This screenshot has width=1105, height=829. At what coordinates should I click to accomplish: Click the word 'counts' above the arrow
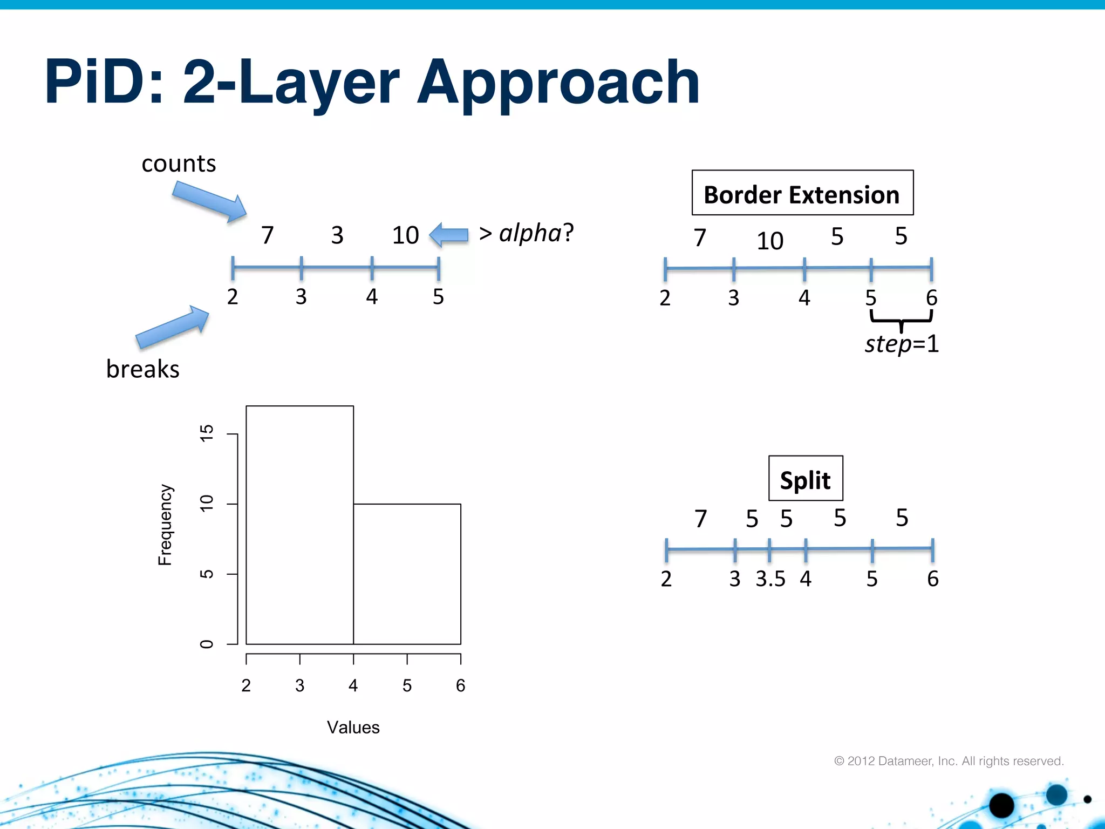(179, 164)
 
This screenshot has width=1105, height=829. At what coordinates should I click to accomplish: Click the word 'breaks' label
(142, 369)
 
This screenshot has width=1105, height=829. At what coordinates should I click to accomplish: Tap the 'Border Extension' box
(802, 193)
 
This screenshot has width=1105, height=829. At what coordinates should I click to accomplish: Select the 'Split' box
(805, 479)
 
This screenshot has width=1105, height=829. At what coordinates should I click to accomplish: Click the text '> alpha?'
(526, 234)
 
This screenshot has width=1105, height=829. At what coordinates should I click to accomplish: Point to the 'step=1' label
(902, 344)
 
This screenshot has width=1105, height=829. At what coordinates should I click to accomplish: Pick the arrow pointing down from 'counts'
(210, 201)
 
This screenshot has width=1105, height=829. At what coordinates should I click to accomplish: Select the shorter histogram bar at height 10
(407, 574)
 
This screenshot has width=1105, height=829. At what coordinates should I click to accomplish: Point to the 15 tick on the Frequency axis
(207, 433)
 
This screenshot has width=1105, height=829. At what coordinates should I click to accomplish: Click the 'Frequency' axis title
(165, 525)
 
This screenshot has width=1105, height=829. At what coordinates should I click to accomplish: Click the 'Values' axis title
(353, 728)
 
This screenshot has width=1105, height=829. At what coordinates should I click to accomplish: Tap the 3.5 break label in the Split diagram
(770, 579)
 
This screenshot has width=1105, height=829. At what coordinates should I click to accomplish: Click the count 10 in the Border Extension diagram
(769, 241)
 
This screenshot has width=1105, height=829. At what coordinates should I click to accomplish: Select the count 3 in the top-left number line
(337, 235)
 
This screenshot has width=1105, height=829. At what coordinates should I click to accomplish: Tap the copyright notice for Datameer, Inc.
(949, 761)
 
